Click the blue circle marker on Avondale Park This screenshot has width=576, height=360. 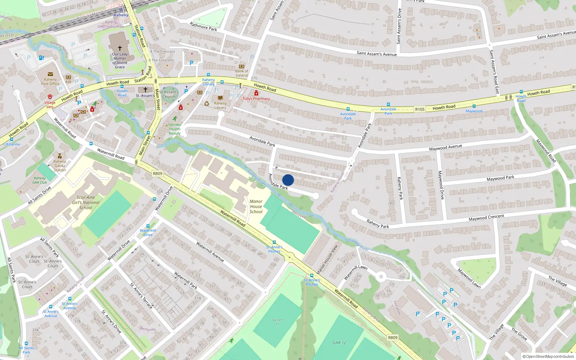tap(288, 180)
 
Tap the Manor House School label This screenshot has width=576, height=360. tap(256, 207)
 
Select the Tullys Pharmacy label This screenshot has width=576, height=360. tap(256, 99)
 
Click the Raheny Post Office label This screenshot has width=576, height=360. tap(50, 82)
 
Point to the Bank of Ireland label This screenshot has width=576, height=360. tap(242, 73)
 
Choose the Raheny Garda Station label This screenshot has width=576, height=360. tap(60, 166)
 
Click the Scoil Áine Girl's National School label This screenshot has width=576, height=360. tap(86, 202)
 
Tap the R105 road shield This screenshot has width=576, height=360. tap(420, 109)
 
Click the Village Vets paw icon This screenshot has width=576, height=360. tap(50, 97)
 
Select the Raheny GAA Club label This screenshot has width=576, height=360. tap(40, 180)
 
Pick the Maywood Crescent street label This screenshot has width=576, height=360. tap(486, 217)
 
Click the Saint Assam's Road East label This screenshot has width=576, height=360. tap(494, 72)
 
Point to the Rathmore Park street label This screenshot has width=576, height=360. tap(203, 27)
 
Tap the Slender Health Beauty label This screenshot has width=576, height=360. tap(175, 129)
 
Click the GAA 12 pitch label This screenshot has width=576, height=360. tap(339, 343)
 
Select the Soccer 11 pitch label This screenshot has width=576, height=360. tap(277, 322)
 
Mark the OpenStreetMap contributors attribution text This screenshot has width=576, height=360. tap(548, 356)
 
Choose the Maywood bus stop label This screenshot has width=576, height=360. tap(474, 111)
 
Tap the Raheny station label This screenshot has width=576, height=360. tap(121, 15)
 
